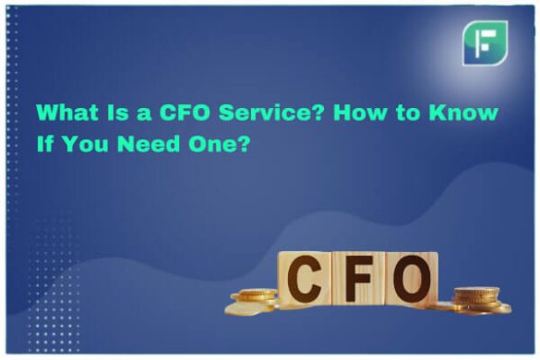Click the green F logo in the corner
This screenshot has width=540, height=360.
click(485, 43)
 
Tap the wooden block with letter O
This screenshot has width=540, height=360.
click(410, 279)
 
